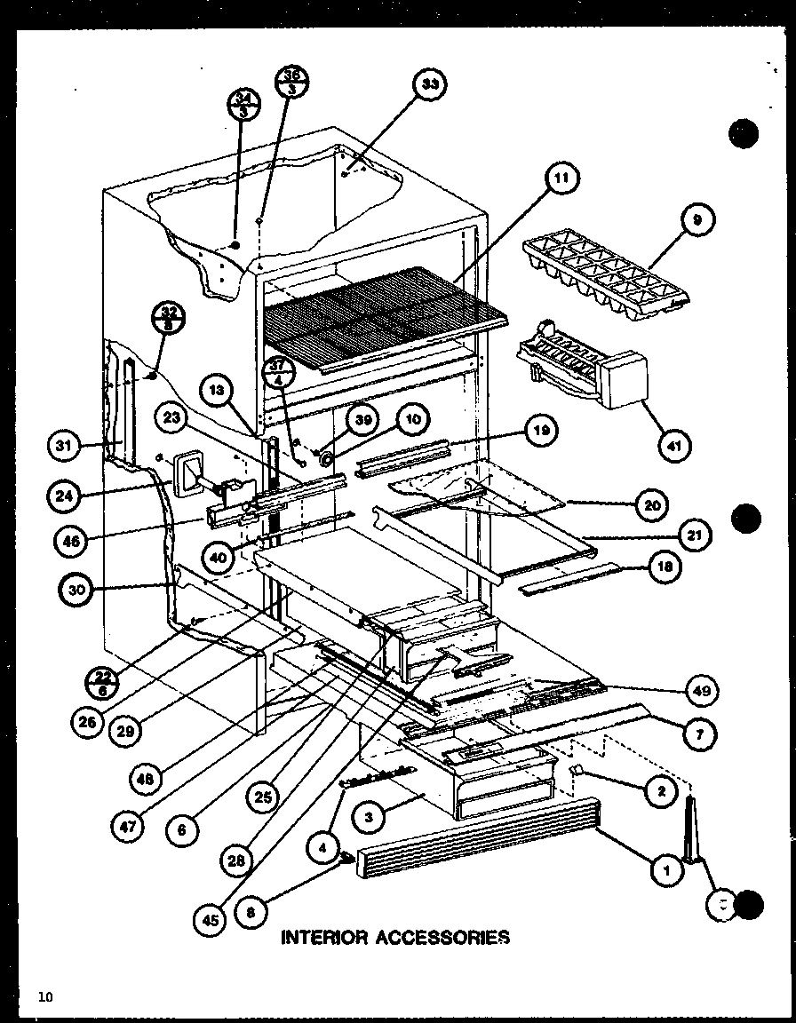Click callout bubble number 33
[x=429, y=84]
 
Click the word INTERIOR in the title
[x=324, y=936]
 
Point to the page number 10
[x=45, y=997]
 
